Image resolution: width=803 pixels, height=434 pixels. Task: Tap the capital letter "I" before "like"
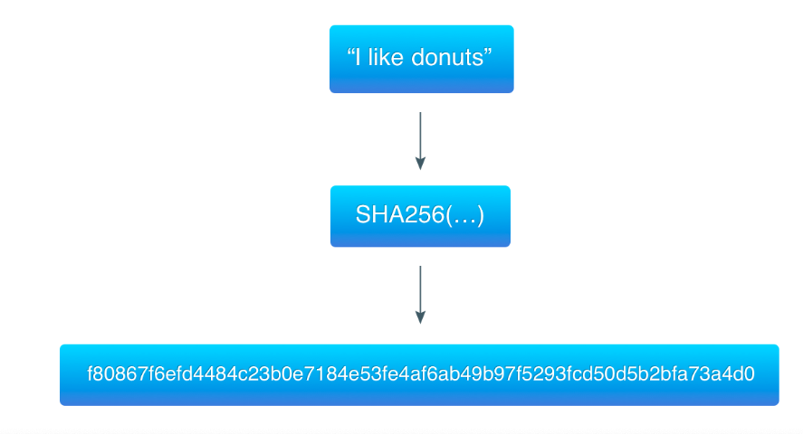point(360,59)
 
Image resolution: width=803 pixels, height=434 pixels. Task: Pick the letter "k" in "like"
point(391,59)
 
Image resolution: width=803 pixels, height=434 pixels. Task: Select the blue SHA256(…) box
point(420,216)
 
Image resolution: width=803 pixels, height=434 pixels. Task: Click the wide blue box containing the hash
point(419,374)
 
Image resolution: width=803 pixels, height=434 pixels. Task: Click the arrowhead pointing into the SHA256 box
point(420,164)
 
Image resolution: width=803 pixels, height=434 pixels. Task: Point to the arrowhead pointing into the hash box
point(420,317)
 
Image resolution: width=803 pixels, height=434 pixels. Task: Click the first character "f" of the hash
point(90,373)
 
